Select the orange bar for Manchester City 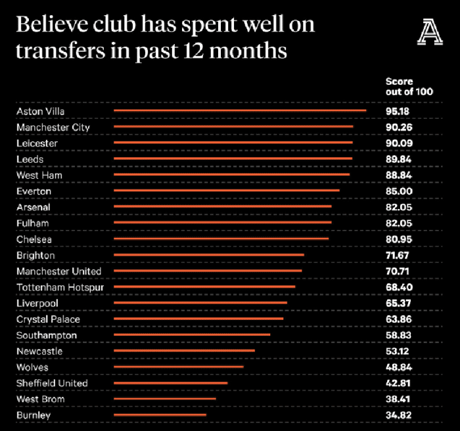[x=233, y=126]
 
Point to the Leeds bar [x=233, y=158]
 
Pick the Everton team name [x=34, y=191]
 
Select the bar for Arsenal [x=223, y=206]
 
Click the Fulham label [x=33, y=223]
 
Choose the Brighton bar [x=209, y=254]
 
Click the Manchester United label [x=59, y=271]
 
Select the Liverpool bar [x=200, y=303]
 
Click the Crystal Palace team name [x=49, y=319]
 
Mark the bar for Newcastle [x=184, y=351]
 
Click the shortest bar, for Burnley [x=160, y=415]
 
